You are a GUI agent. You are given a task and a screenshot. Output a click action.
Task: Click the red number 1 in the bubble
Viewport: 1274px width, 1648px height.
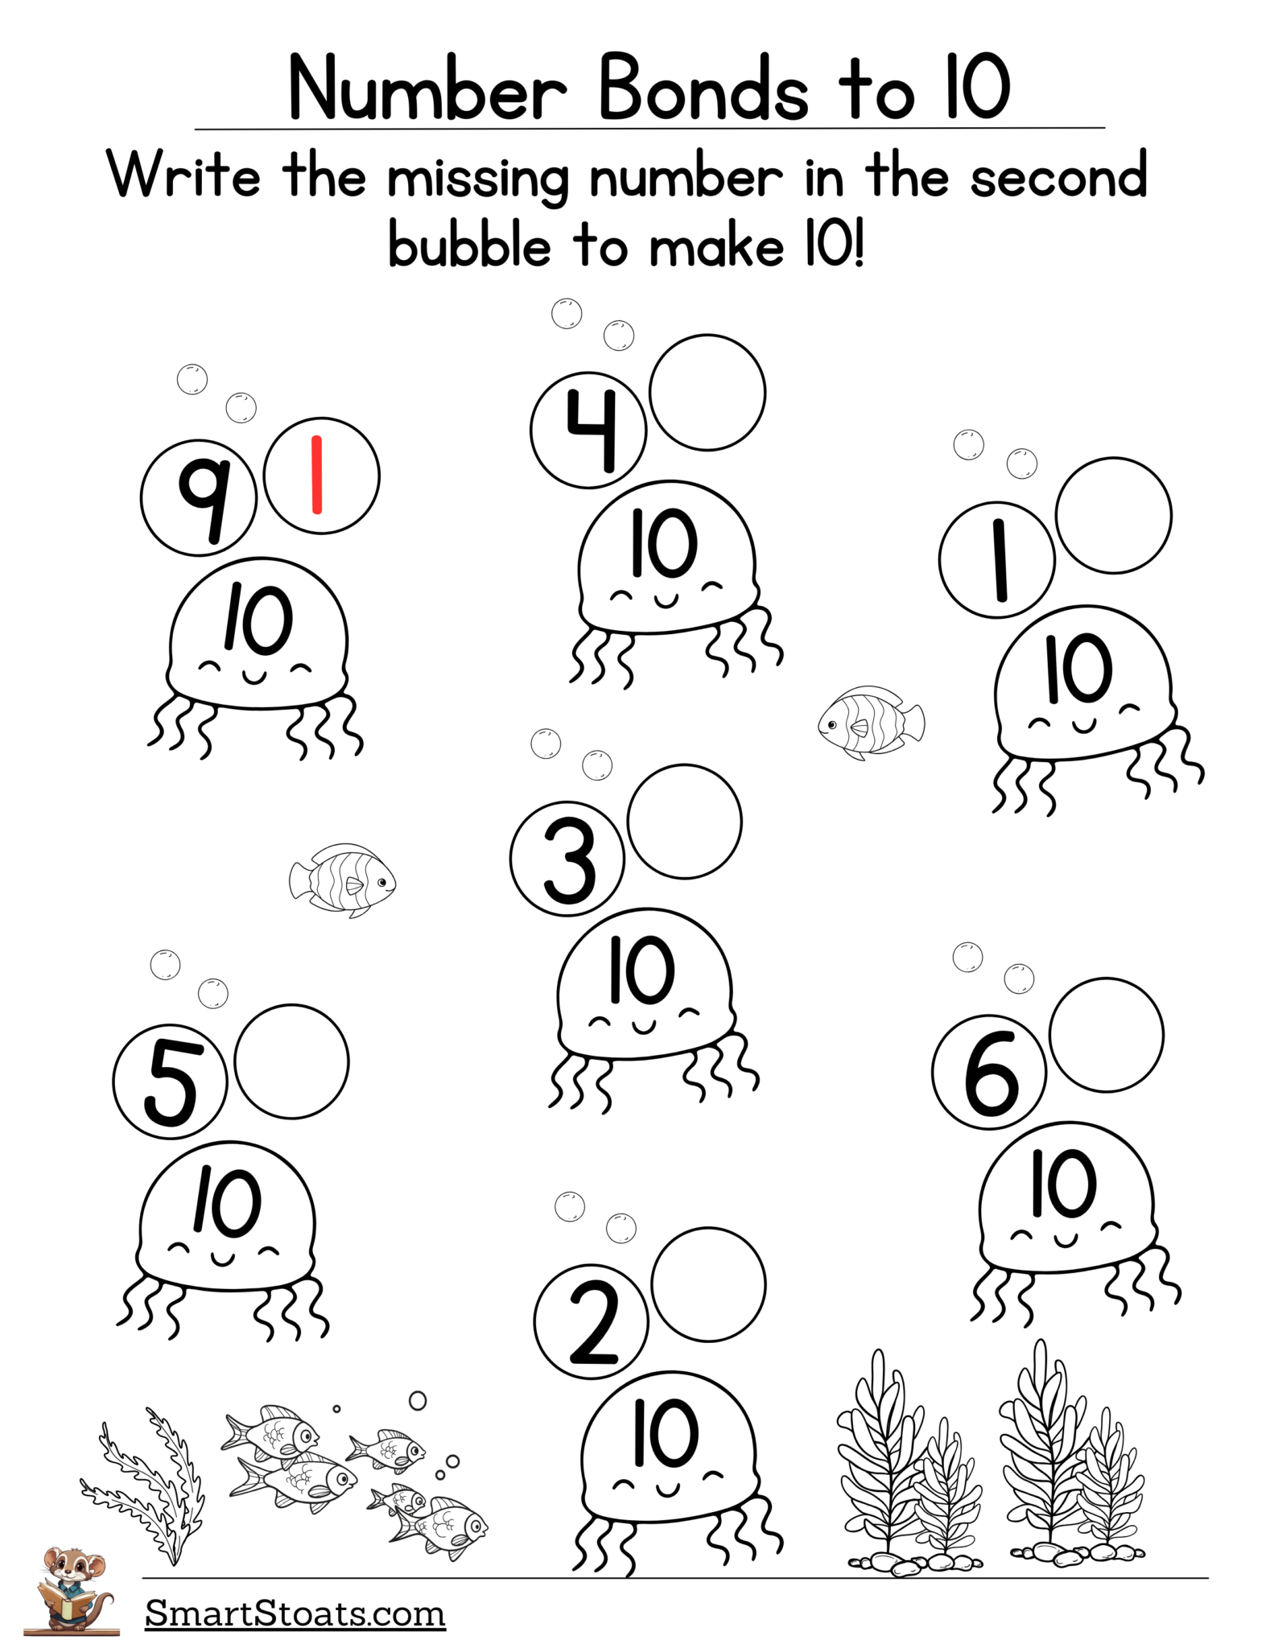[316, 475]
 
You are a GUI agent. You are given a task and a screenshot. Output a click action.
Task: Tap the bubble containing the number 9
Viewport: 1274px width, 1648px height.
[198, 497]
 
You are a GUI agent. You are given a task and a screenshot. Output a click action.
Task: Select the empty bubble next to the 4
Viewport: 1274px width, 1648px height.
[707, 393]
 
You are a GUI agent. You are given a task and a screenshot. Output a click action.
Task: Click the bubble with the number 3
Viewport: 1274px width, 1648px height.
[567, 859]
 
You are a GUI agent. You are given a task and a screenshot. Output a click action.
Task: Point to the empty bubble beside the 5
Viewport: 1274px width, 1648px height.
[291, 1061]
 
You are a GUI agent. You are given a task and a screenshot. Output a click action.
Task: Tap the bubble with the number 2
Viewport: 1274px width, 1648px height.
[591, 1322]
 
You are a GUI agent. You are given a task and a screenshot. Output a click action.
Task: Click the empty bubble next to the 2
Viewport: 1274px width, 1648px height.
[708, 1284]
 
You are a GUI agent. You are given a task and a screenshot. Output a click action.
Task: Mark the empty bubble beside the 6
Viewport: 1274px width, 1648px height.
[1107, 1035]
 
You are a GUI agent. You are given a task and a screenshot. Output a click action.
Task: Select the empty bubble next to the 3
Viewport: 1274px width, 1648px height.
[684, 821]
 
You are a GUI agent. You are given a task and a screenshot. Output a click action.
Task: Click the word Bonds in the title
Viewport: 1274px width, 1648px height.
[702, 89]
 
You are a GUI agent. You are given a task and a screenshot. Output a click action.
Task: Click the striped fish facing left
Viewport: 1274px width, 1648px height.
[870, 722]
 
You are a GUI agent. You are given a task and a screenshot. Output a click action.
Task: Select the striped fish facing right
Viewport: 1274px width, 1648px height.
[343, 880]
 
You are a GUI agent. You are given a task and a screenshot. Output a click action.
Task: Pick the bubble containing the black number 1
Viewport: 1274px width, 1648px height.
[996, 559]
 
